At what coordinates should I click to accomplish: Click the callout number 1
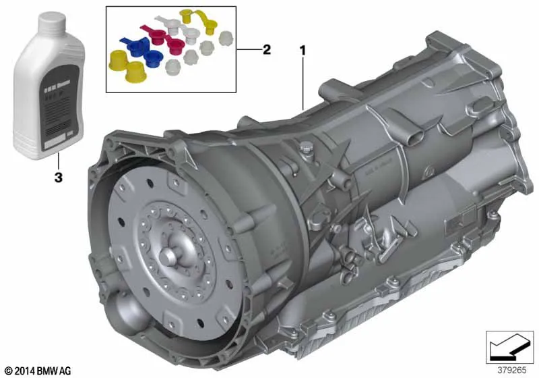(303, 50)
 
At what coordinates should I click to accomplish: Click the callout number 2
(267, 49)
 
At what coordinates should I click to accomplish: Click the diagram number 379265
(511, 371)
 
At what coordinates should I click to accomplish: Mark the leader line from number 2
(249, 50)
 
